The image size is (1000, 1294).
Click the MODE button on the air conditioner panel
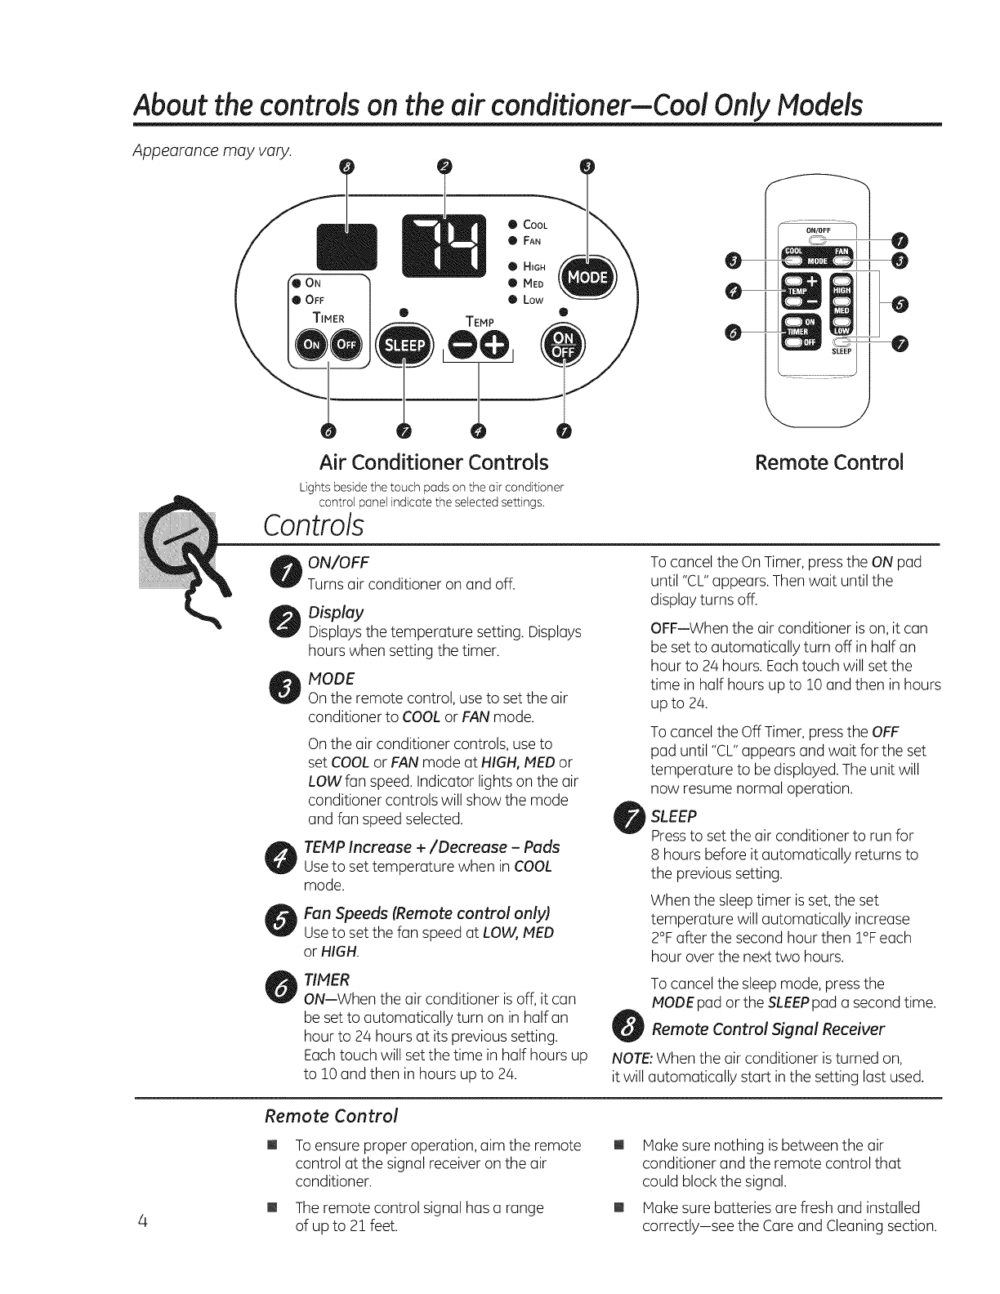tap(588, 277)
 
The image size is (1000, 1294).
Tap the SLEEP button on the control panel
tap(404, 346)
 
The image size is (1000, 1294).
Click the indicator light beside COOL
tap(511, 224)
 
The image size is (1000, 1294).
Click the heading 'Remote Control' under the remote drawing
tap(828, 462)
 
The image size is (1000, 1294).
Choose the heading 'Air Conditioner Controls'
tap(434, 462)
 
